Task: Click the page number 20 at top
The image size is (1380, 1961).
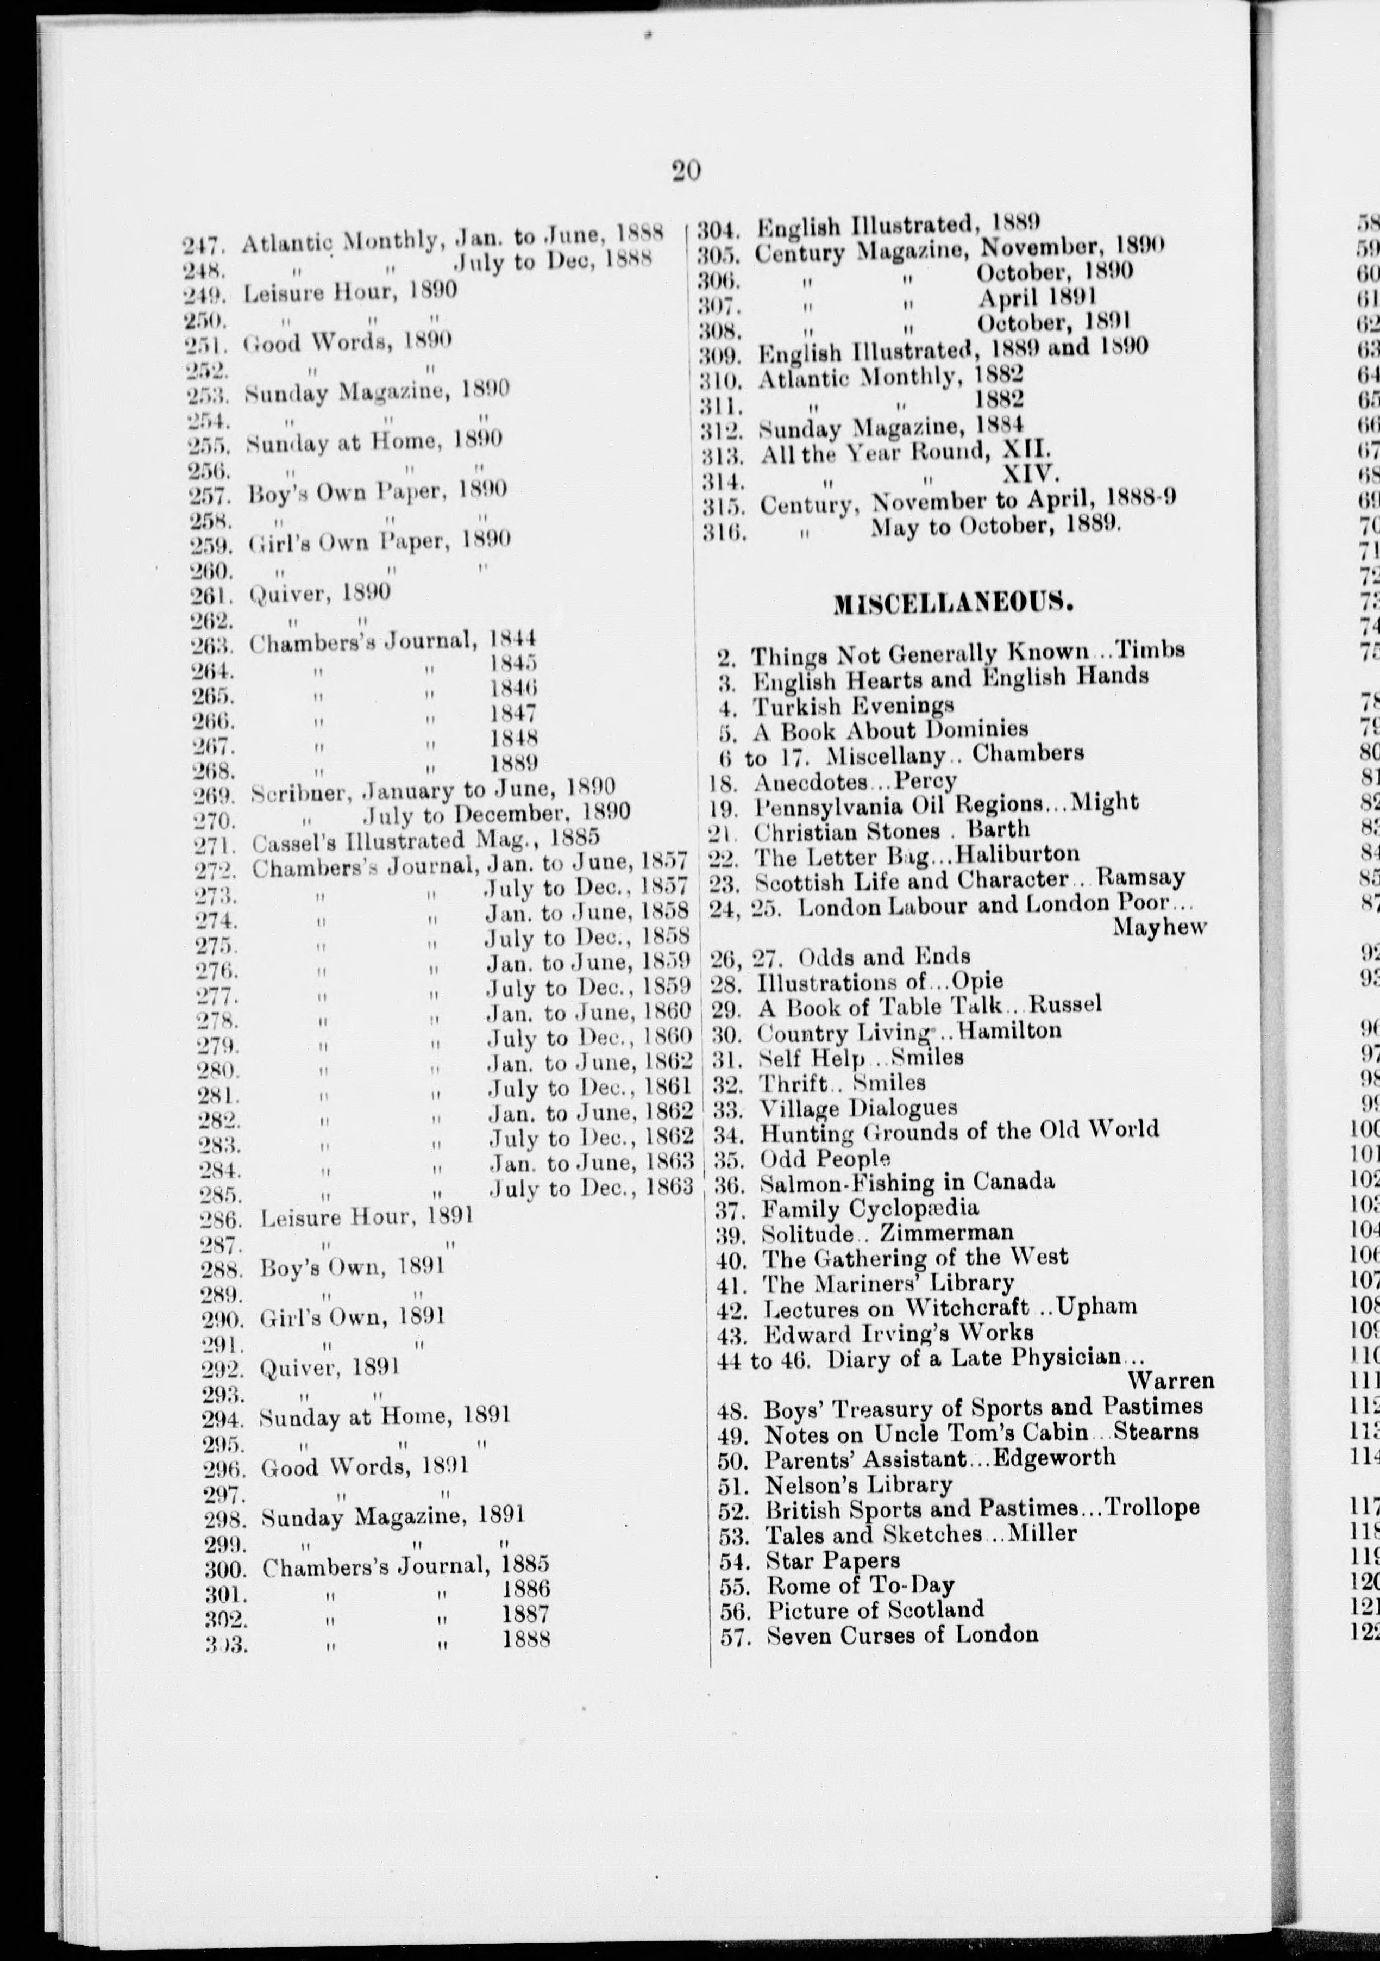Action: (686, 171)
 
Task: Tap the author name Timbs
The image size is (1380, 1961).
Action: (1152, 650)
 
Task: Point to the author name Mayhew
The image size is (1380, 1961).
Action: (1159, 928)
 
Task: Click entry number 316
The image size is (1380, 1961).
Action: (724, 534)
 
